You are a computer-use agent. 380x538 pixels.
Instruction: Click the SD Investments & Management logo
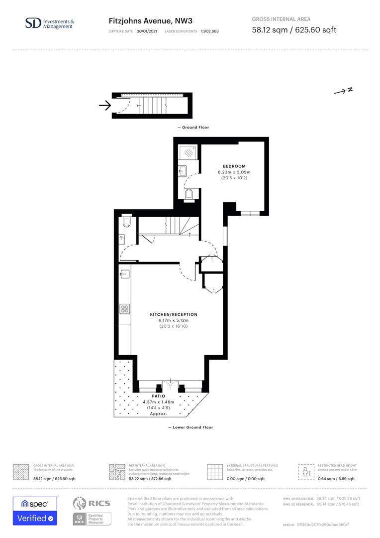click(x=49, y=23)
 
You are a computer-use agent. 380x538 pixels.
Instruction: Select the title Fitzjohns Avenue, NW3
click(x=150, y=21)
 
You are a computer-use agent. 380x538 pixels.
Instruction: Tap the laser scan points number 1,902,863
click(x=209, y=31)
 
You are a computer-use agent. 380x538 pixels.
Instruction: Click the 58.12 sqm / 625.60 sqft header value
click(x=294, y=30)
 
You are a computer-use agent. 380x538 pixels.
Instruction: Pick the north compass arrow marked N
click(x=343, y=91)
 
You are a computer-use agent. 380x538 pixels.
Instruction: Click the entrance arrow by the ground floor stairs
click(x=104, y=105)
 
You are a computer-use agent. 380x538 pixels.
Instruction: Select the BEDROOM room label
click(x=234, y=166)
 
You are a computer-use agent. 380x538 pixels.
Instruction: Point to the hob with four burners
click(x=124, y=308)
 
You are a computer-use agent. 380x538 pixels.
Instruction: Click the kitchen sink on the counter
click(x=124, y=273)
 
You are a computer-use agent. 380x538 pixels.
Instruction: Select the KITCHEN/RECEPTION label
click(x=174, y=315)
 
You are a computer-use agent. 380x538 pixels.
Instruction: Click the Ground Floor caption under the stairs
click(x=193, y=128)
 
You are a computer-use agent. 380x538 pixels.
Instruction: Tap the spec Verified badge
click(x=35, y=511)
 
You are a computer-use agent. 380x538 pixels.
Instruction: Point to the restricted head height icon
click(x=304, y=471)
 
